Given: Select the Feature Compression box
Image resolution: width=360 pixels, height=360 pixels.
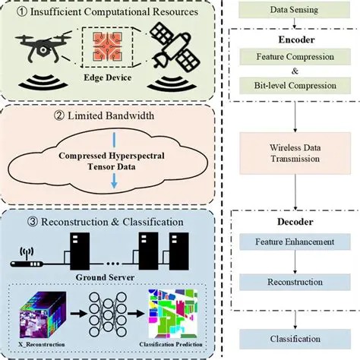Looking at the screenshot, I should pyautogui.click(x=289, y=58).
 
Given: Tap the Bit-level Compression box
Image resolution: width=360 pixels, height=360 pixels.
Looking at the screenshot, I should pyautogui.click(x=289, y=86).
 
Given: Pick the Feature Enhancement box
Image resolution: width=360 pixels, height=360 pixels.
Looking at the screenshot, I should pyautogui.click(x=289, y=242).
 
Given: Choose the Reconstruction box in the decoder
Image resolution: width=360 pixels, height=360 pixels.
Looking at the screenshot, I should pyautogui.click(x=289, y=281).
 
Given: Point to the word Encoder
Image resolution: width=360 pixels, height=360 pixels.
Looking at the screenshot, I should pyautogui.click(x=289, y=38).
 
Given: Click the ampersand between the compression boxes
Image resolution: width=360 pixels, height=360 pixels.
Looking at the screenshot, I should pyautogui.click(x=289, y=71).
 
